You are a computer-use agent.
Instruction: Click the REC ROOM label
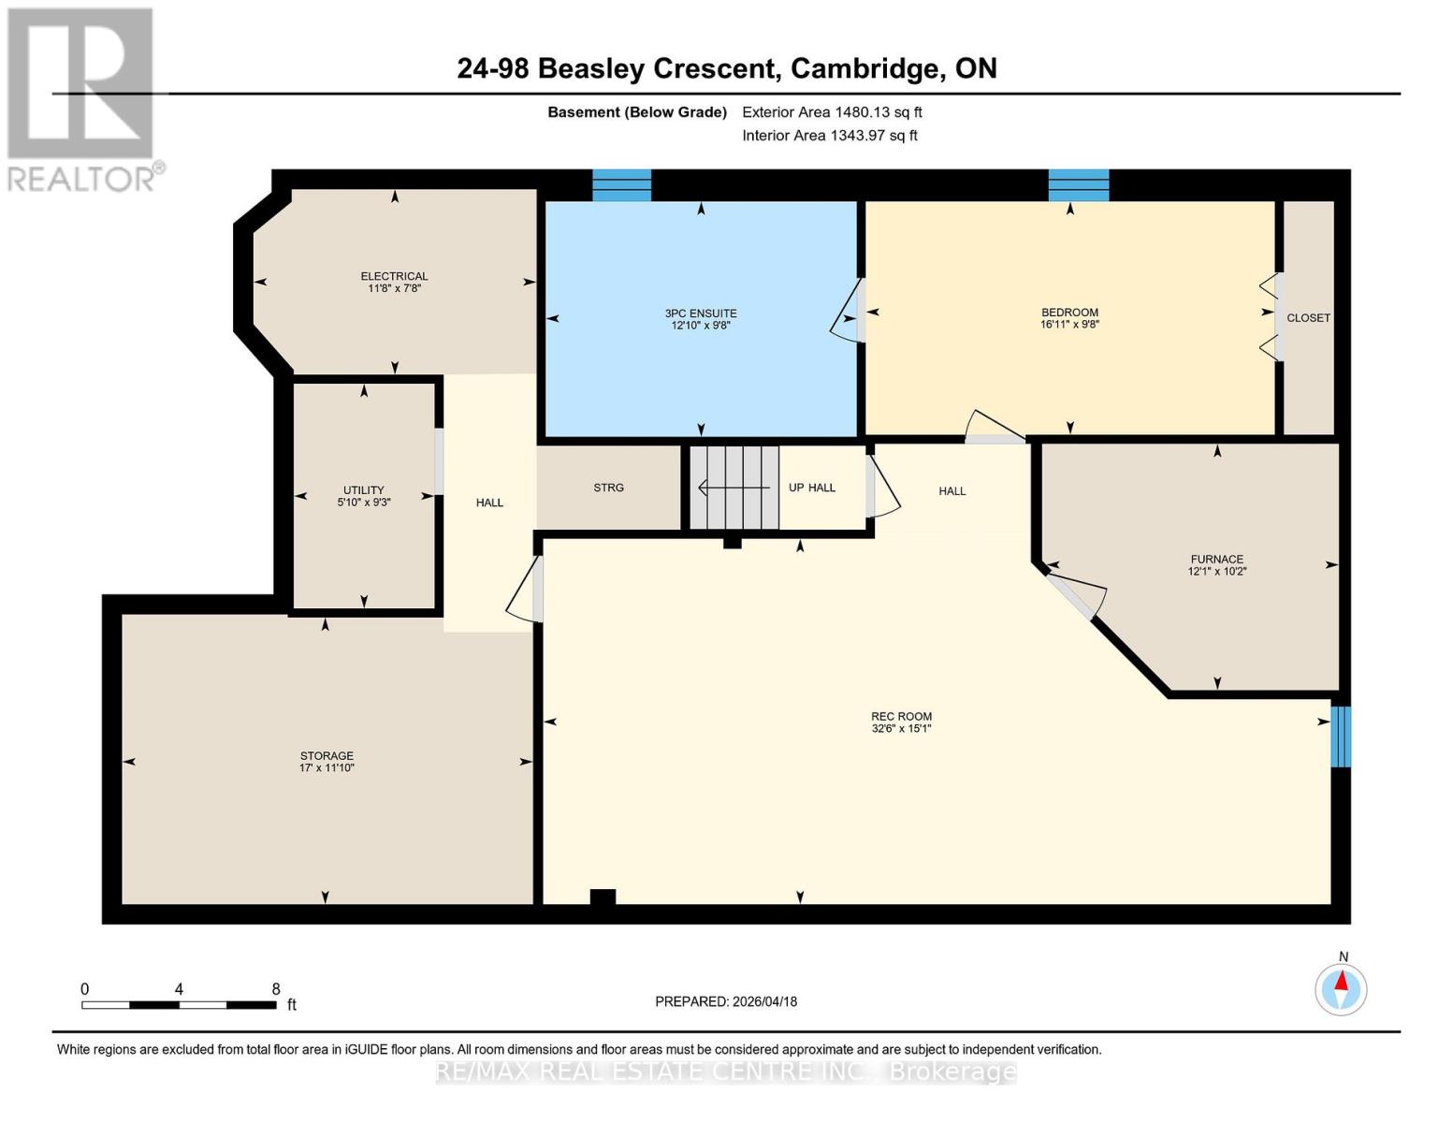(901, 717)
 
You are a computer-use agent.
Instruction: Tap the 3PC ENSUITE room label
(701, 314)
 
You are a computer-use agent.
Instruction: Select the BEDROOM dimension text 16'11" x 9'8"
(1069, 326)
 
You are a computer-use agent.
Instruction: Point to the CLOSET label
(1308, 318)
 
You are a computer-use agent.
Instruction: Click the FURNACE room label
(1216, 559)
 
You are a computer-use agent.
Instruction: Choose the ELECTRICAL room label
(394, 276)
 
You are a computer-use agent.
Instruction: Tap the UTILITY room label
(363, 489)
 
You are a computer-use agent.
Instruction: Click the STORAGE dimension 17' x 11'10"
(327, 768)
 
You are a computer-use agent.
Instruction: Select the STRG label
(608, 488)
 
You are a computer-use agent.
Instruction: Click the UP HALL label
(811, 488)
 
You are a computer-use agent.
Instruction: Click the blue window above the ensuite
(622, 185)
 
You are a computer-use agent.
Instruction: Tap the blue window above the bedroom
(1078, 185)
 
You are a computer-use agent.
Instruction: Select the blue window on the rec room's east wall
(1341, 737)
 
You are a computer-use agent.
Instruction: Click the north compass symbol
(1341, 988)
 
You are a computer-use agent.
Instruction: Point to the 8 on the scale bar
(276, 989)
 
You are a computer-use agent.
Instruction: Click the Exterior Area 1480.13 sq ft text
(832, 112)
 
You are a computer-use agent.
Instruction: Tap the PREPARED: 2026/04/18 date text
(726, 1001)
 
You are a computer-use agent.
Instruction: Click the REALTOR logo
(82, 98)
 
